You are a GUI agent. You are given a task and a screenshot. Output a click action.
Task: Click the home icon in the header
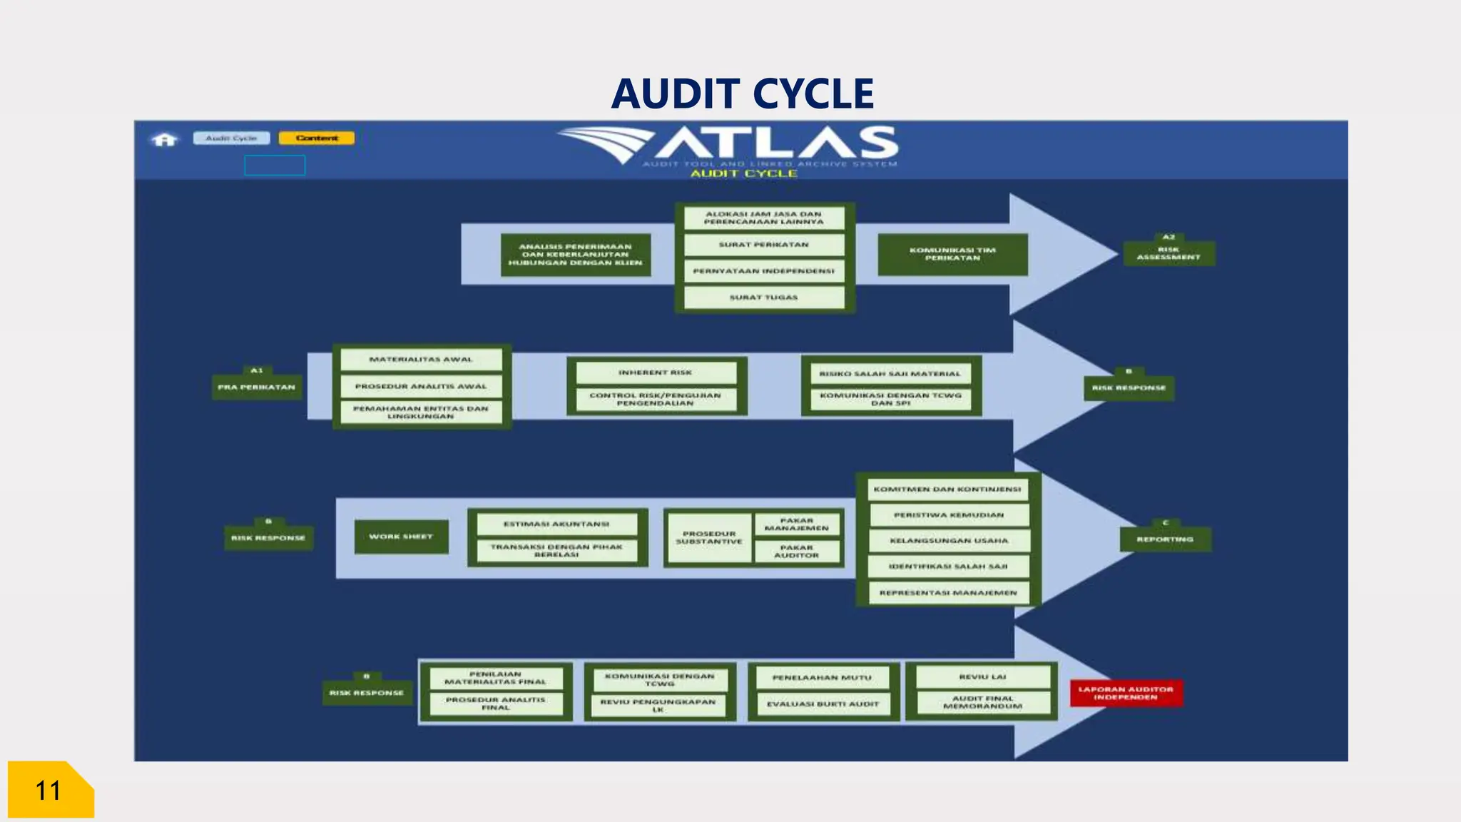tap(165, 139)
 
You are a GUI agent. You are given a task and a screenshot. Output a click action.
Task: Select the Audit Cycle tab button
tap(231, 138)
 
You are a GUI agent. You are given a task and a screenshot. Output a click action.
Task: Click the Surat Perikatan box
tap(763, 245)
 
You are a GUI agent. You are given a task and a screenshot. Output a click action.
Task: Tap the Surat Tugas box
tap(763, 298)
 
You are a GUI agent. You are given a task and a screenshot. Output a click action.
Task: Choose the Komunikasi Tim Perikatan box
tap(952, 254)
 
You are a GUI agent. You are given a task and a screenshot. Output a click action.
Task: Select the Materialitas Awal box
tap(421, 360)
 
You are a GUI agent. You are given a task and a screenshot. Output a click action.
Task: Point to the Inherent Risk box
tap(656, 372)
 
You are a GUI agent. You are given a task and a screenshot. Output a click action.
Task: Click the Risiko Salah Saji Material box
tap(890, 374)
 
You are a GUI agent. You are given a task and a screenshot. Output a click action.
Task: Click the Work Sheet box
tap(401, 537)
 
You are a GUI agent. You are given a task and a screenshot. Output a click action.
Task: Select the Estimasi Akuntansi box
tap(556, 524)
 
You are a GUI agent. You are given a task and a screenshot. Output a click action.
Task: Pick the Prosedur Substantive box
tap(708, 538)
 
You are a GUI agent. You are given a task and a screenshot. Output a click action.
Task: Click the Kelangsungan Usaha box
tap(949, 541)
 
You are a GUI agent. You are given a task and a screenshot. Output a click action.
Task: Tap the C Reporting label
tap(1165, 539)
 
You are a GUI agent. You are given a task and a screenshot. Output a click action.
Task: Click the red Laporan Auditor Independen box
tap(1126, 693)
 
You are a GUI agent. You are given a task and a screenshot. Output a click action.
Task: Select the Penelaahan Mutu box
tap(822, 678)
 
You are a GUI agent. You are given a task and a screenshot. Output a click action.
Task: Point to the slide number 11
tap(49, 791)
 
